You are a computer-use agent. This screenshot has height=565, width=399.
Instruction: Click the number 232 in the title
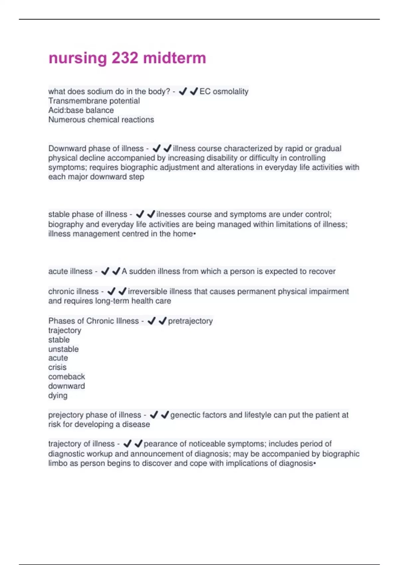pos(125,58)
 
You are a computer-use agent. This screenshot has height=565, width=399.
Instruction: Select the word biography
pos(66,224)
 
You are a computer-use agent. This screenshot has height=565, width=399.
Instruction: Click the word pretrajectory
pos(190,321)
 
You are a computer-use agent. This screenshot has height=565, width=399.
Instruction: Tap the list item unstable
pos(63,349)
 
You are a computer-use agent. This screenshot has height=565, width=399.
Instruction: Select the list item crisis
pos(57,367)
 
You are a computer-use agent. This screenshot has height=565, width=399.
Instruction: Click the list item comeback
pos(66,377)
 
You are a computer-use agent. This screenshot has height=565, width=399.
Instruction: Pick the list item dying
pos(58,395)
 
